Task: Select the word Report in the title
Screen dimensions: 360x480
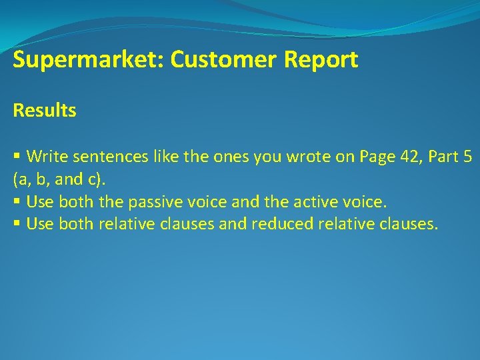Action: tap(321, 60)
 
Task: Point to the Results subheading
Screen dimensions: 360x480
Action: tap(45, 111)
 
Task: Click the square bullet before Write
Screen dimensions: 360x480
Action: tap(17, 157)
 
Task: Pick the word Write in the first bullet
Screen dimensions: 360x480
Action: tap(46, 157)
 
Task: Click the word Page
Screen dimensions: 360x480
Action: tap(377, 157)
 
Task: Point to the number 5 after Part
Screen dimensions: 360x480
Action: tap(469, 157)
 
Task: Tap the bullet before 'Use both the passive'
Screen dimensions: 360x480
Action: tap(17, 201)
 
